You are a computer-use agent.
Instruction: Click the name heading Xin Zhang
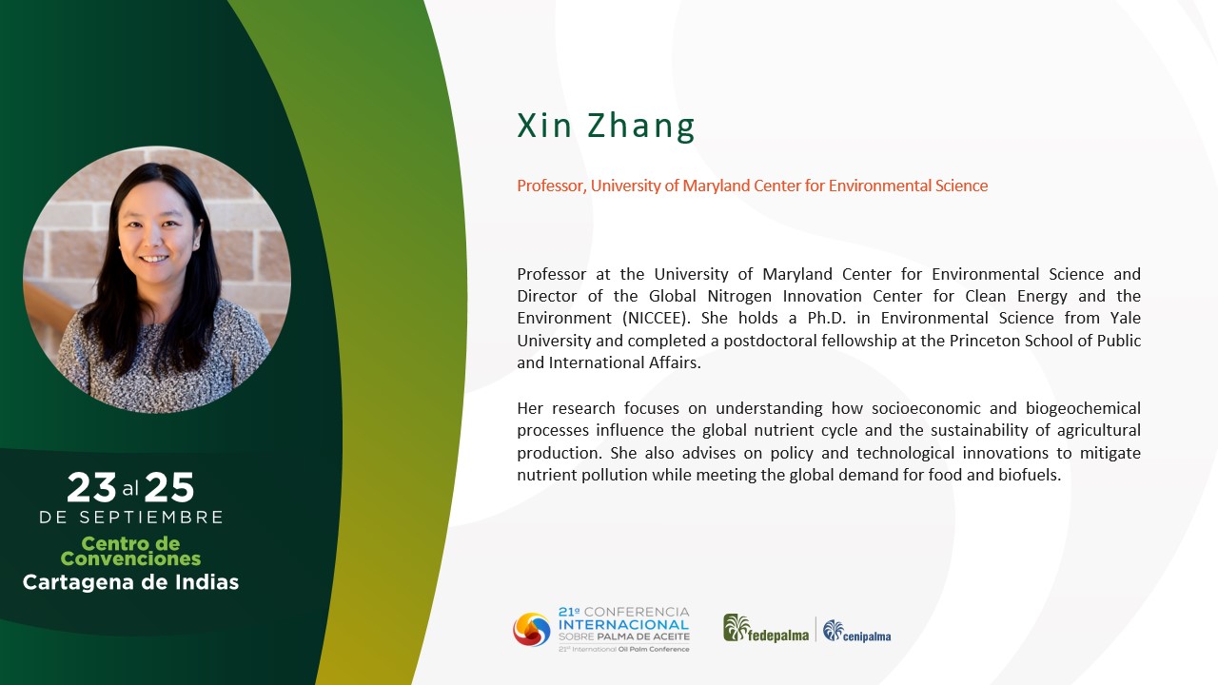606,127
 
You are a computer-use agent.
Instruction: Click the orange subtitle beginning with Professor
752,186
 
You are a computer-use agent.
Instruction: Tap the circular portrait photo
157,280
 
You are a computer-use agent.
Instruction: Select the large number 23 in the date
91,487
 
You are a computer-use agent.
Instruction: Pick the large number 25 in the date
169,487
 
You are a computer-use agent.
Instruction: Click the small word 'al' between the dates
130,489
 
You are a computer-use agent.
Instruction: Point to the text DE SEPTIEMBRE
130,517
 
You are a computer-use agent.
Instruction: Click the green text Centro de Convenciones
130,551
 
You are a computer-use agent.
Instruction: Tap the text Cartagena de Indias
130,582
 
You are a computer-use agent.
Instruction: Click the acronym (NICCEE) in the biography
658,318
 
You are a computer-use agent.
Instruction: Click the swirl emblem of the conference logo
532,630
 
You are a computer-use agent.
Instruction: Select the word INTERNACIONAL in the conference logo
623,625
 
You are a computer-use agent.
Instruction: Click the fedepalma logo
766,629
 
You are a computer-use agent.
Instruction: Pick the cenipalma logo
857,631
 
